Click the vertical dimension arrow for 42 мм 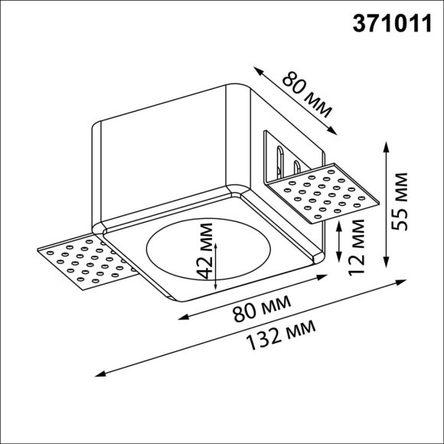click(217, 265)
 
